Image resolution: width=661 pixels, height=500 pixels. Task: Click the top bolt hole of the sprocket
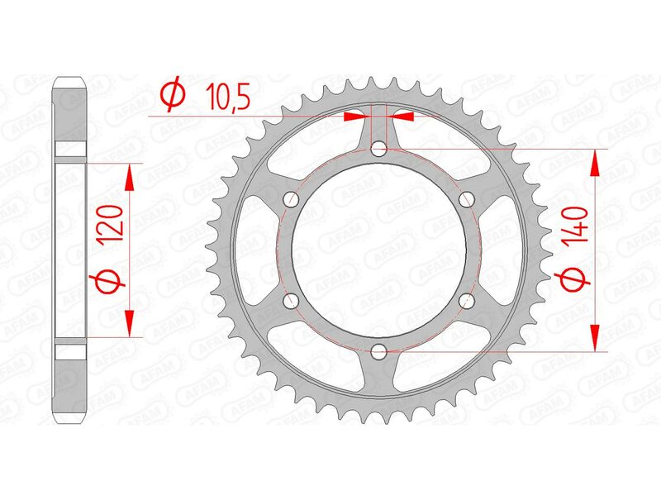[378, 149]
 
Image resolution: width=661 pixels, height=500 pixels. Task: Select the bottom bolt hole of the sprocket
[378, 353]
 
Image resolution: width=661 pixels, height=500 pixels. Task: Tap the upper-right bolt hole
[466, 199]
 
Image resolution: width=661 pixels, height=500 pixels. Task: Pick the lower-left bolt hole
[290, 302]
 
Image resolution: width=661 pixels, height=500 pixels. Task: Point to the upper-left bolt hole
[290, 199]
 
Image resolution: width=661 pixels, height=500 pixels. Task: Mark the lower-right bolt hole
[466, 302]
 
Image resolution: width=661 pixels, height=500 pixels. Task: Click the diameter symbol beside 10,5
[171, 96]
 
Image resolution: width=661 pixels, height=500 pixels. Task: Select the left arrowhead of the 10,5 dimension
[353, 117]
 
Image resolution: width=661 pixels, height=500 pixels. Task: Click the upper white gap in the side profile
[71, 149]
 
